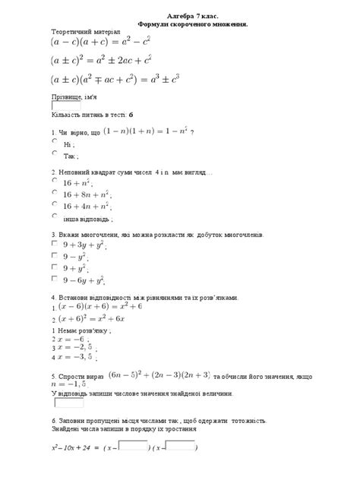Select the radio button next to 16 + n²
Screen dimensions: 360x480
[54, 182]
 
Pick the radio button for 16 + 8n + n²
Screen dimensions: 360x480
[54, 193]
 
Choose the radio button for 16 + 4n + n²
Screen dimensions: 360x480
[54, 204]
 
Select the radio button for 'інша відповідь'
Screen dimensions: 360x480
[54, 216]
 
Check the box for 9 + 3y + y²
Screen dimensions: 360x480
[54, 245]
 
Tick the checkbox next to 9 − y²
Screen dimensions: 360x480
[54, 257]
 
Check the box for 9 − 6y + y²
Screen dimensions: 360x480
[54, 279]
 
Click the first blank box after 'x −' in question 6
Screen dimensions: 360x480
[134, 446]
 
